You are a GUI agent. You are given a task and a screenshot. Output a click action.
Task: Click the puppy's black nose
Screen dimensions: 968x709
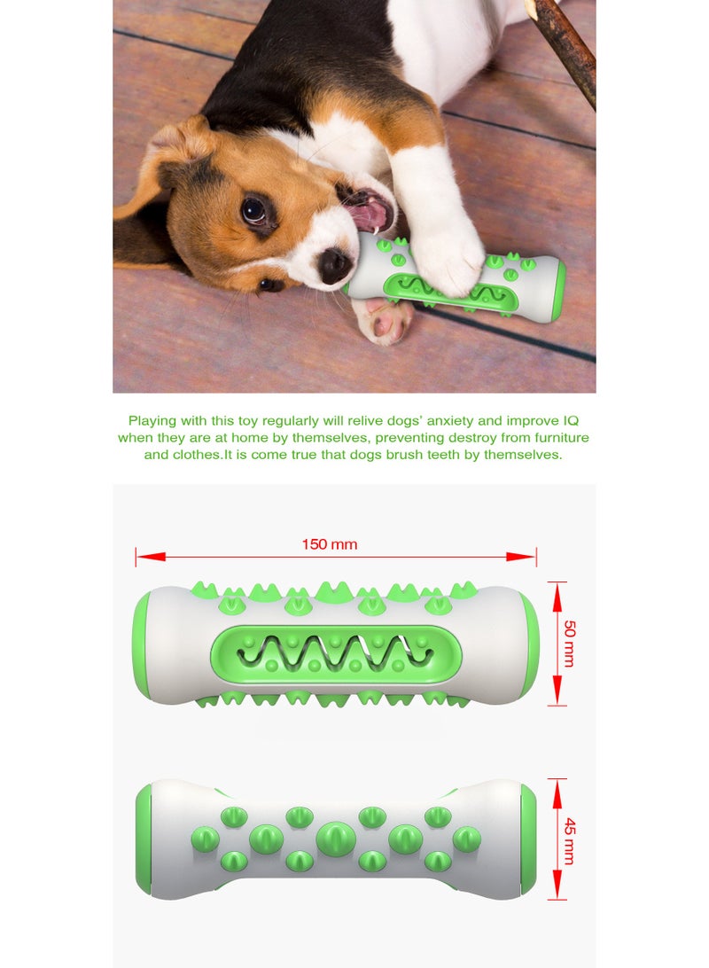point(335,265)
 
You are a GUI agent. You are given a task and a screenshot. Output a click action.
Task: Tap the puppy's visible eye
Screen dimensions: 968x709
point(254,211)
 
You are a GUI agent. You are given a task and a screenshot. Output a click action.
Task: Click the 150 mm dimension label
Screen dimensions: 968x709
point(330,544)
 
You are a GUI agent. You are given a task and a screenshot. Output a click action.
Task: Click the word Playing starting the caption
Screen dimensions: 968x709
point(152,420)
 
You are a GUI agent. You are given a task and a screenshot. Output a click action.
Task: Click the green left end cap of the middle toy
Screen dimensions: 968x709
point(141,644)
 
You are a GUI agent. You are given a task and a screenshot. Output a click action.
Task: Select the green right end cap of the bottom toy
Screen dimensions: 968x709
point(529,839)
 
